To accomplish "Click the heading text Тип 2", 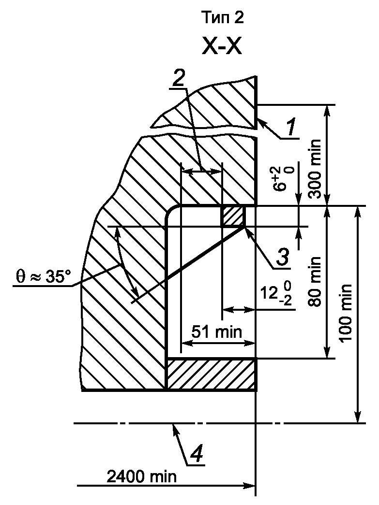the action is pos(223,18).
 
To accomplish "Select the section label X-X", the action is pos(222,46).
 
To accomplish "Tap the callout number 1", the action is pos(291,127).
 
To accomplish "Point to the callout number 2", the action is pos(179,77).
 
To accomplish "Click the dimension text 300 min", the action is pos(315,169).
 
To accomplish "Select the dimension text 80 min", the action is pos(315,281).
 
